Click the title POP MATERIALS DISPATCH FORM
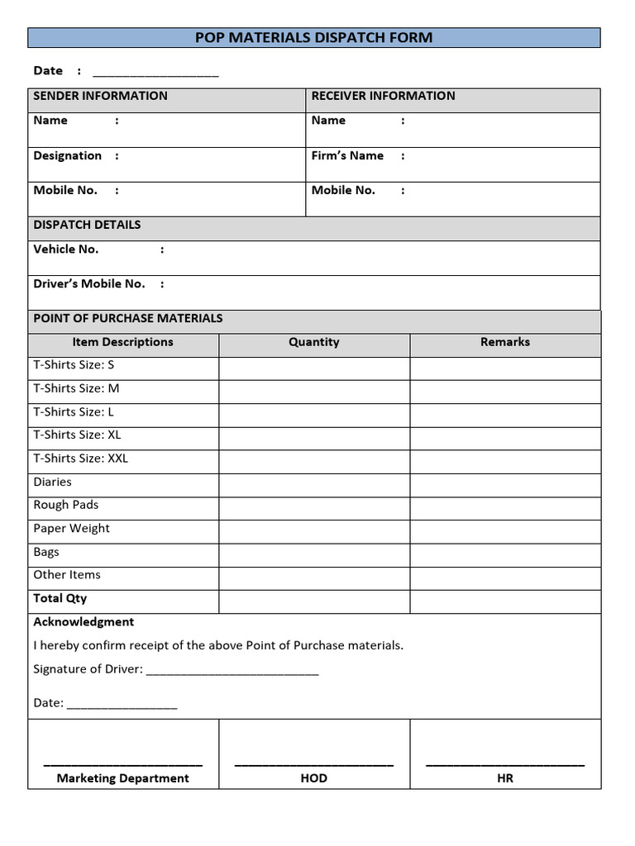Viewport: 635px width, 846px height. [x=313, y=37]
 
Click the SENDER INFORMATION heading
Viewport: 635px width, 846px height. [x=100, y=96]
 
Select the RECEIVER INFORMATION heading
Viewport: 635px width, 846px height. [x=383, y=96]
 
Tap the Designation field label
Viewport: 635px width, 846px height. [x=68, y=155]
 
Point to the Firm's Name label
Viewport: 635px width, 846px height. [x=347, y=155]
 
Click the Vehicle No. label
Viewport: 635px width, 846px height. [x=66, y=249]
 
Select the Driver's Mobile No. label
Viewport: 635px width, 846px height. [x=89, y=283]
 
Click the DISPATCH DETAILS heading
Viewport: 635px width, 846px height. [x=87, y=225]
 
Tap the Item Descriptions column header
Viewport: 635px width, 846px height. [x=123, y=342]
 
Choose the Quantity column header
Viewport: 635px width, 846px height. [x=314, y=342]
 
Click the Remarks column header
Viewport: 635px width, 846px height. [x=505, y=342]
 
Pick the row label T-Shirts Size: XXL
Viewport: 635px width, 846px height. [x=81, y=459]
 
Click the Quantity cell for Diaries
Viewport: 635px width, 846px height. [x=314, y=482]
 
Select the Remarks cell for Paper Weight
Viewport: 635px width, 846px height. [x=505, y=529]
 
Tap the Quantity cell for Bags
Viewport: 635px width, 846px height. [x=314, y=552]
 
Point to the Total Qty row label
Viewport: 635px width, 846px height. [x=60, y=598]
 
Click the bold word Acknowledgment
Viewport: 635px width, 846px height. [x=84, y=621]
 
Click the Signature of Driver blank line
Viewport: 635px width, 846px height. [x=232, y=671]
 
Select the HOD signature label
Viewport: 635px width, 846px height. [x=314, y=778]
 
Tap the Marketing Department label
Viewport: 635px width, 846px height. [x=123, y=778]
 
